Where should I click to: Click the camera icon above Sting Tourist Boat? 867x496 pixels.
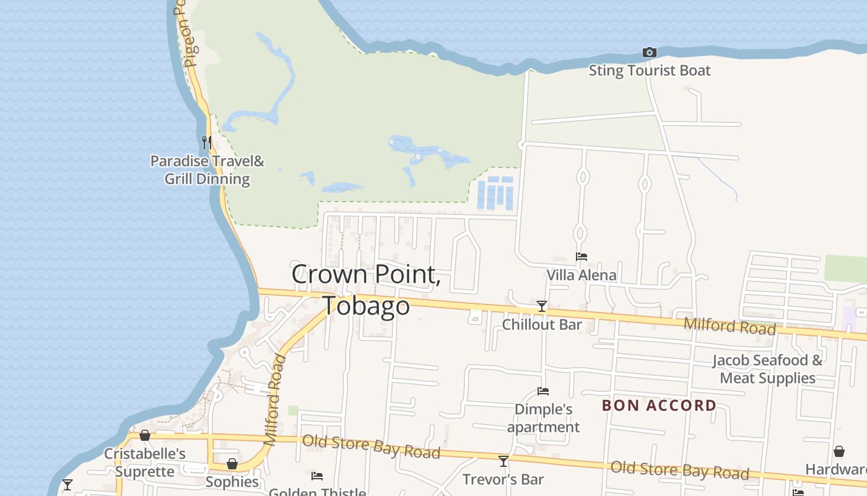point(649,53)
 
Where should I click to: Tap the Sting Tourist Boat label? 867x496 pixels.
point(649,71)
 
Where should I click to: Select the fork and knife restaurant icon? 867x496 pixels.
point(207,142)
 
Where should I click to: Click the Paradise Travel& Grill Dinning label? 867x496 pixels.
point(207,170)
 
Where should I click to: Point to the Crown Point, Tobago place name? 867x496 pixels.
point(366,290)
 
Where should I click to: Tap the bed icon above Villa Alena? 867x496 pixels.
point(582,257)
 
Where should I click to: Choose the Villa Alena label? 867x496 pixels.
point(582,275)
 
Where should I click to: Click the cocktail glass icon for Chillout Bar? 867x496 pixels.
point(542,306)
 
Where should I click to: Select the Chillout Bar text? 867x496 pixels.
point(542,325)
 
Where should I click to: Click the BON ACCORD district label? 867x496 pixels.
point(659,406)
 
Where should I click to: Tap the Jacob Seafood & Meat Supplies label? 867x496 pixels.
point(767,369)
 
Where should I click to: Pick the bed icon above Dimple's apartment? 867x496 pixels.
point(543,391)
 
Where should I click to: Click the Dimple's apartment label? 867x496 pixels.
point(543,418)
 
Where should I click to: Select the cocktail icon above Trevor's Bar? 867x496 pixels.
point(503,461)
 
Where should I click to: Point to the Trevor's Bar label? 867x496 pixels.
point(503,479)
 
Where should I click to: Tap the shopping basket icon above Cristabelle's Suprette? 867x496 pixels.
point(145,436)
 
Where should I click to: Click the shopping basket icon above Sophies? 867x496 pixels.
point(232,464)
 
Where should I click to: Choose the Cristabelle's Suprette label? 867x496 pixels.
point(145,463)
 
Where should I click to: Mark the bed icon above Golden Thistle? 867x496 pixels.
point(317,476)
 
